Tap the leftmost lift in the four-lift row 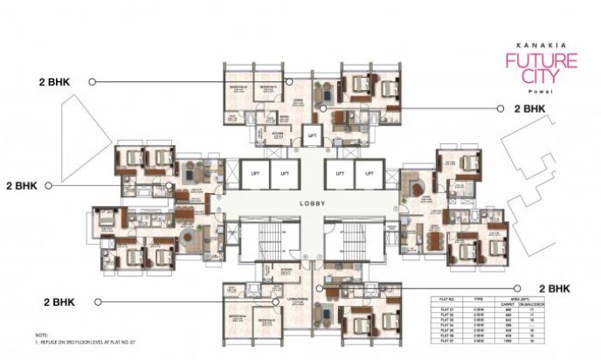tap(253, 172)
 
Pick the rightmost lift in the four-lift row tap(369, 172)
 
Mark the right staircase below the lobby tap(353, 240)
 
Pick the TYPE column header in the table tap(478, 300)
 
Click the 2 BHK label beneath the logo tap(530, 109)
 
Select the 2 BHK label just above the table tap(556, 287)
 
